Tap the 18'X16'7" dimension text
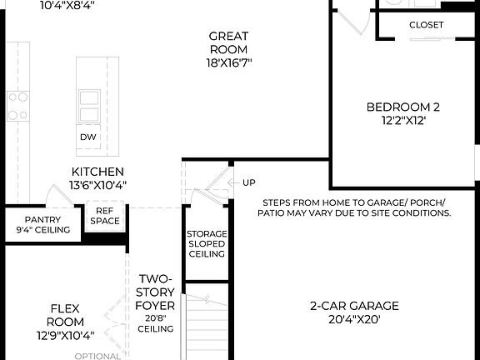(229, 62)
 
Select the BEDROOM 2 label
(403, 107)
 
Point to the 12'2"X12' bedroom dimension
(403, 121)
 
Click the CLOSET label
(426, 25)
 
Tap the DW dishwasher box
(88, 137)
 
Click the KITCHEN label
(98, 171)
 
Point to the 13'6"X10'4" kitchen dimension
(98, 185)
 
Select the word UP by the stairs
(249, 182)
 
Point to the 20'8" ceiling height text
(156, 317)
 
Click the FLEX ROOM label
(64, 314)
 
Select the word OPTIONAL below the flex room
(97, 356)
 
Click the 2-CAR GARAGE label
(354, 305)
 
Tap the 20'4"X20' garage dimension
(354, 318)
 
